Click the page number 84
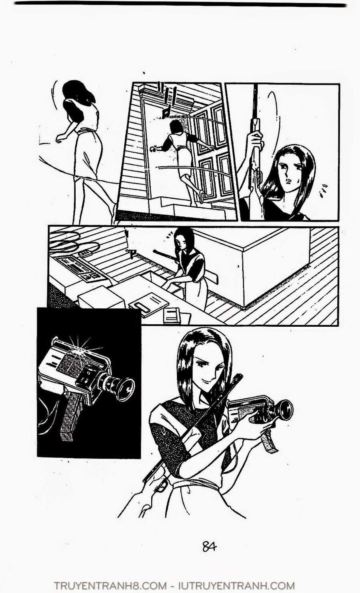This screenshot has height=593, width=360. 209,546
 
